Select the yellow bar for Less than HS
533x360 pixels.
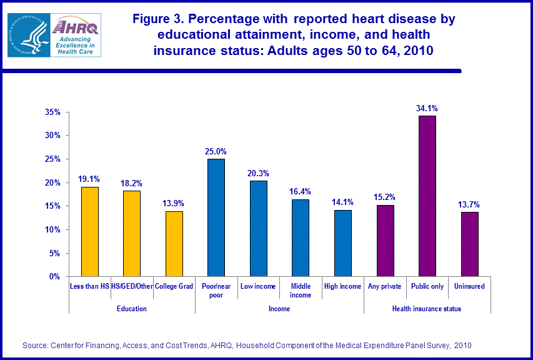pyautogui.click(x=89, y=232)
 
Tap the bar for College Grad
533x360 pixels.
pyautogui.click(x=174, y=244)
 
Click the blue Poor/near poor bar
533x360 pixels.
pyautogui.click(x=216, y=217)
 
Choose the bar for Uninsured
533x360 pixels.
pyautogui.click(x=469, y=244)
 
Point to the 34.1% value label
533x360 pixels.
pyautogui.click(x=427, y=109)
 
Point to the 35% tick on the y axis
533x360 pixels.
pyautogui.click(x=52, y=112)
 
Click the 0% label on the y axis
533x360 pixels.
pyautogui.click(x=54, y=276)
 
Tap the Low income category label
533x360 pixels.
pyautogui.click(x=258, y=286)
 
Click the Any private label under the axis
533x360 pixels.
pyautogui.click(x=385, y=286)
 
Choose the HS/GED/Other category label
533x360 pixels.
pyautogui.click(x=131, y=286)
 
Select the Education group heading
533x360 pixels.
pyautogui.click(x=131, y=309)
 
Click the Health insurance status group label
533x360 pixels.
pyautogui.click(x=427, y=309)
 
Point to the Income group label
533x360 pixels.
pyautogui.click(x=279, y=309)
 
